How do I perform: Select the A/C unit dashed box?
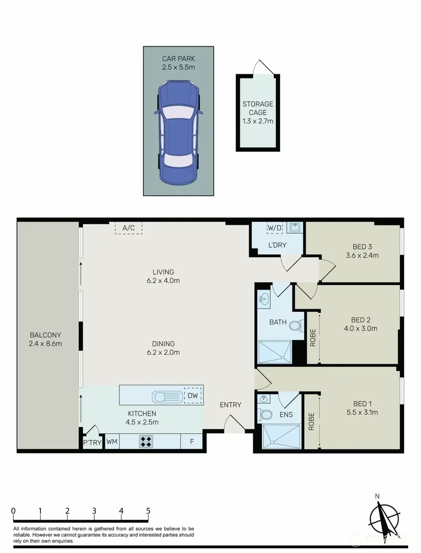pyautogui.click(x=128, y=228)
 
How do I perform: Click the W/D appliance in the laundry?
pyautogui.click(x=275, y=228)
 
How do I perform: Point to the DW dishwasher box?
pyautogui.click(x=194, y=395)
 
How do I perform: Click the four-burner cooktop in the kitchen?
pyautogui.click(x=146, y=441)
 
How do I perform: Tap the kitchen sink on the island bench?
pyautogui.click(x=166, y=396)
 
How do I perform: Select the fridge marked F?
pyautogui.click(x=192, y=441)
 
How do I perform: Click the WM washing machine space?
pyautogui.click(x=112, y=441)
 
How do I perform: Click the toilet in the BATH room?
pyautogui.click(x=296, y=325)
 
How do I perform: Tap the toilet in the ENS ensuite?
pyautogui.click(x=265, y=413)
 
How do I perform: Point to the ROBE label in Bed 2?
pyautogui.click(x=312, y=338)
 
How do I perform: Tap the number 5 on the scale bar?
pyautogui.click(x=148, y=511)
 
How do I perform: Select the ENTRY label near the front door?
pyautogui.click(x=230, y=405)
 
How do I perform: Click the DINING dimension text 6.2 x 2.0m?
pyautogui.click(x=163, y=352)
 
